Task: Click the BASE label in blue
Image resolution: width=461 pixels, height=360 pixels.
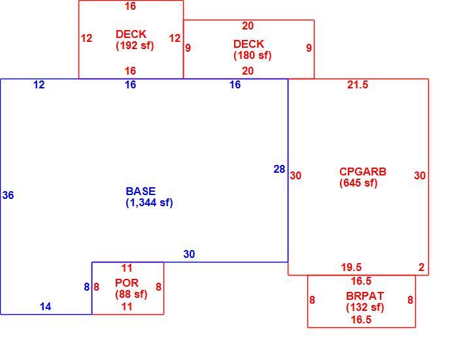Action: pos(141,191)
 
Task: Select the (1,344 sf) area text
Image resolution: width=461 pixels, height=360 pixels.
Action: pos(149,203)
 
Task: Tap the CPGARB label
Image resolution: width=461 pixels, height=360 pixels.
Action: pos(363,171)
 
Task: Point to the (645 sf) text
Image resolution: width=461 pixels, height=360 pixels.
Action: pos(358,183)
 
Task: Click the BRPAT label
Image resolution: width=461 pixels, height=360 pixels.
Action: pos(365,296)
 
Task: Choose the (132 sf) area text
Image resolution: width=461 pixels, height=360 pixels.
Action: pos(365,308)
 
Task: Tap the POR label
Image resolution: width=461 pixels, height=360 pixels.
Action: pos(127,283)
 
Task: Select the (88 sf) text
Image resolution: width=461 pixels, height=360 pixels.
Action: pos(131,295)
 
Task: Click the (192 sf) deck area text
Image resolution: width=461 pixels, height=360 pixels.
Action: pos(135,46)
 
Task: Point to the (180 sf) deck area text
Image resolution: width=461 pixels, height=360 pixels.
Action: pos(252,56)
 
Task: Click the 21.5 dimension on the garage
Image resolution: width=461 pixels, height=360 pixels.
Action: pos(358,85)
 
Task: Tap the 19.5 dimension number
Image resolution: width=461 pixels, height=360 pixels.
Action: pos(351,267)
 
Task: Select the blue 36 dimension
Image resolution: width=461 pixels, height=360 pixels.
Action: pos(8,195)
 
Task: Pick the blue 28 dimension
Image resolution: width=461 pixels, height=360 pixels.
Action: pos(279,170)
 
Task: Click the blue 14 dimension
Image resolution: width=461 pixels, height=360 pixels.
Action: pos(46,307)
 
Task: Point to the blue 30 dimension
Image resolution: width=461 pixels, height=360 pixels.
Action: pos(189,254)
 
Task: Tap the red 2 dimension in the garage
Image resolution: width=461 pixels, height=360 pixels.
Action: pos(422,267)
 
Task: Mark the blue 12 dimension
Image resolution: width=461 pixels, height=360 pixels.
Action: pos(39,85)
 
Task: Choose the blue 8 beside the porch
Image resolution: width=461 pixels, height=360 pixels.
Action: pos(87,287)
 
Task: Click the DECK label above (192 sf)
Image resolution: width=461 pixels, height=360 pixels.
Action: pos(131,34)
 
